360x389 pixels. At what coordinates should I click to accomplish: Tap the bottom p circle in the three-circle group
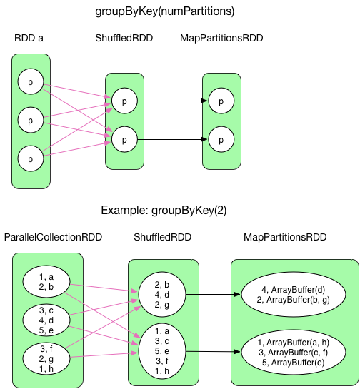pyautogui.click(x=30, y=157)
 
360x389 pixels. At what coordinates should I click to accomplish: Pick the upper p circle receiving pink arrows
pyautogui.click(x=124, y=102)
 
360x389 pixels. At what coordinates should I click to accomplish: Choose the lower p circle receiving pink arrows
pyautogui.click(x=124, y=138)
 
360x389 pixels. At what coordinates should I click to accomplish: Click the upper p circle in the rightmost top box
pyautogui.click(x=221, y=102)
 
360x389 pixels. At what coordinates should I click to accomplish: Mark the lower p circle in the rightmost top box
pyautogui.click(x=221, y=138)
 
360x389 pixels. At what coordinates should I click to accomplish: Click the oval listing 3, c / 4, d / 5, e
pyautogui.click(x=47, y=319)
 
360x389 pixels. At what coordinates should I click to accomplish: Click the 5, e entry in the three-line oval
pyautogui.click(x=47, y=329)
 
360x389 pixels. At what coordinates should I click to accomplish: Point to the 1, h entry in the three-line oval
pyautogui.click(x=47, y=369)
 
